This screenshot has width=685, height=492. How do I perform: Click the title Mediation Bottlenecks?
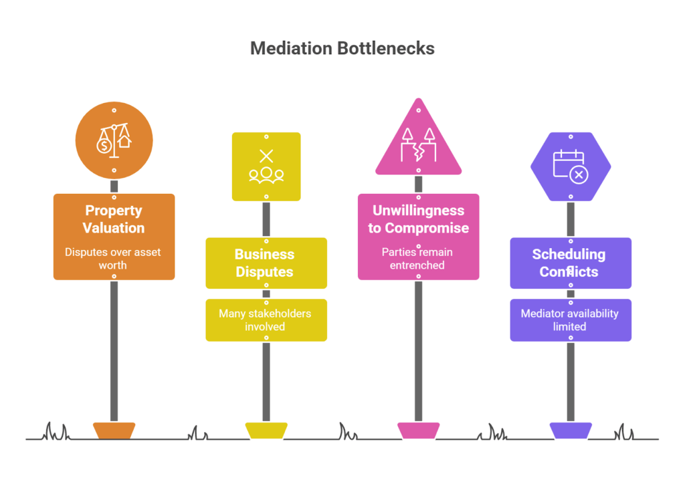[342, 48]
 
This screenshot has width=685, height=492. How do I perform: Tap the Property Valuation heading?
[114, 219]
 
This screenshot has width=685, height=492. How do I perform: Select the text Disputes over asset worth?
[114, 259]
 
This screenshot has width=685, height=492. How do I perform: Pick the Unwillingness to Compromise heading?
[418, 219]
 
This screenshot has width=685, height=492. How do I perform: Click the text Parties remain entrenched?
[418, 259]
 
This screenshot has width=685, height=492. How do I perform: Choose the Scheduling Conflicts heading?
[570, 263]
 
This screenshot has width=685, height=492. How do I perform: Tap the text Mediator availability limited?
[570, 320]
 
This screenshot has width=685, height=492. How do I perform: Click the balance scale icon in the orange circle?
[114, 140]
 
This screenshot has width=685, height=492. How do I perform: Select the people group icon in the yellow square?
[266, 174]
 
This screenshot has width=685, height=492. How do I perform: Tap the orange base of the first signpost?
[114, 430]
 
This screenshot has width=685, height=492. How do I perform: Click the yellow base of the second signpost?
[266, 430]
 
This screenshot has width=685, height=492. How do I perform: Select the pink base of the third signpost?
[418, 430]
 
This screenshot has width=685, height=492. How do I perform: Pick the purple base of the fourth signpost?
[570, 430]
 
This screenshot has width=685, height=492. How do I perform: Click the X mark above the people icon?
[266, 156]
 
